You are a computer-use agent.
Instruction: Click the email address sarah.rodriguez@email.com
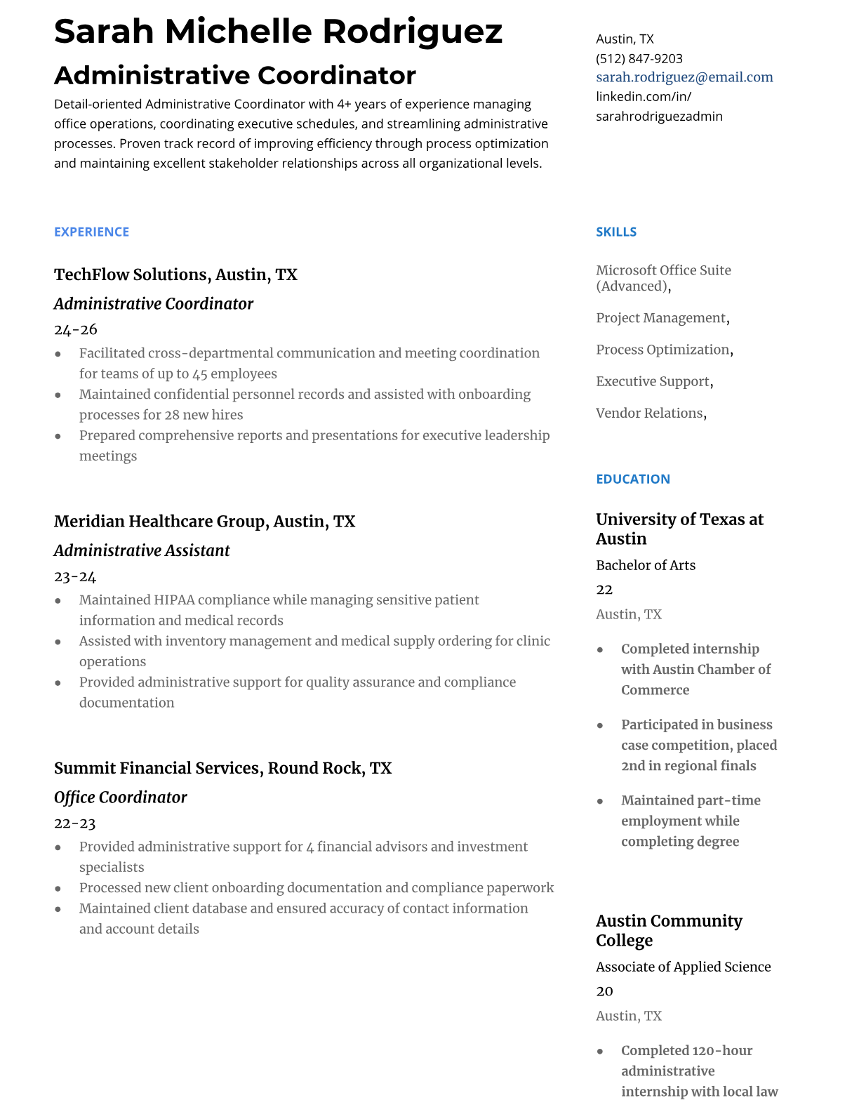(684, 77)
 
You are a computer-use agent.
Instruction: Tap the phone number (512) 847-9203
(639, 58)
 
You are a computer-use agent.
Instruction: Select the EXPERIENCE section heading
(91, 232)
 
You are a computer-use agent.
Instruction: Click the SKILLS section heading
(616, 232)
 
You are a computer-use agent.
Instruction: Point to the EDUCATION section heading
(632, 479)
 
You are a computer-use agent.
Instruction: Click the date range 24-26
(75, 329)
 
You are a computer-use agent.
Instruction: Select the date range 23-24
(74, 576)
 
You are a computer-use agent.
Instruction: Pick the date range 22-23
(74, 823)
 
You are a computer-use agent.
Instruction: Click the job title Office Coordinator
(120, 797)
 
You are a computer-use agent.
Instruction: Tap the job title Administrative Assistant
(141, 550)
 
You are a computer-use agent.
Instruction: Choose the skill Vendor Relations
(649, 413)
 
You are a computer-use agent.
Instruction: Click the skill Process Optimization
(662, 350)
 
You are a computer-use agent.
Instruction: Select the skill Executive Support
(653, 381)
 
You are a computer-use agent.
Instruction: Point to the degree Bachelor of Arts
(646, 565)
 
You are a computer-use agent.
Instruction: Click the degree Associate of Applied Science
(683, 967)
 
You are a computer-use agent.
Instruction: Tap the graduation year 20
(604, 991)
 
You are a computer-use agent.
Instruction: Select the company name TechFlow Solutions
(131, 274)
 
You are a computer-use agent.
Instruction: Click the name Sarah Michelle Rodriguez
(278, 31)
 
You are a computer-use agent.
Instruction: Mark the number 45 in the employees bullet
(200, 373)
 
